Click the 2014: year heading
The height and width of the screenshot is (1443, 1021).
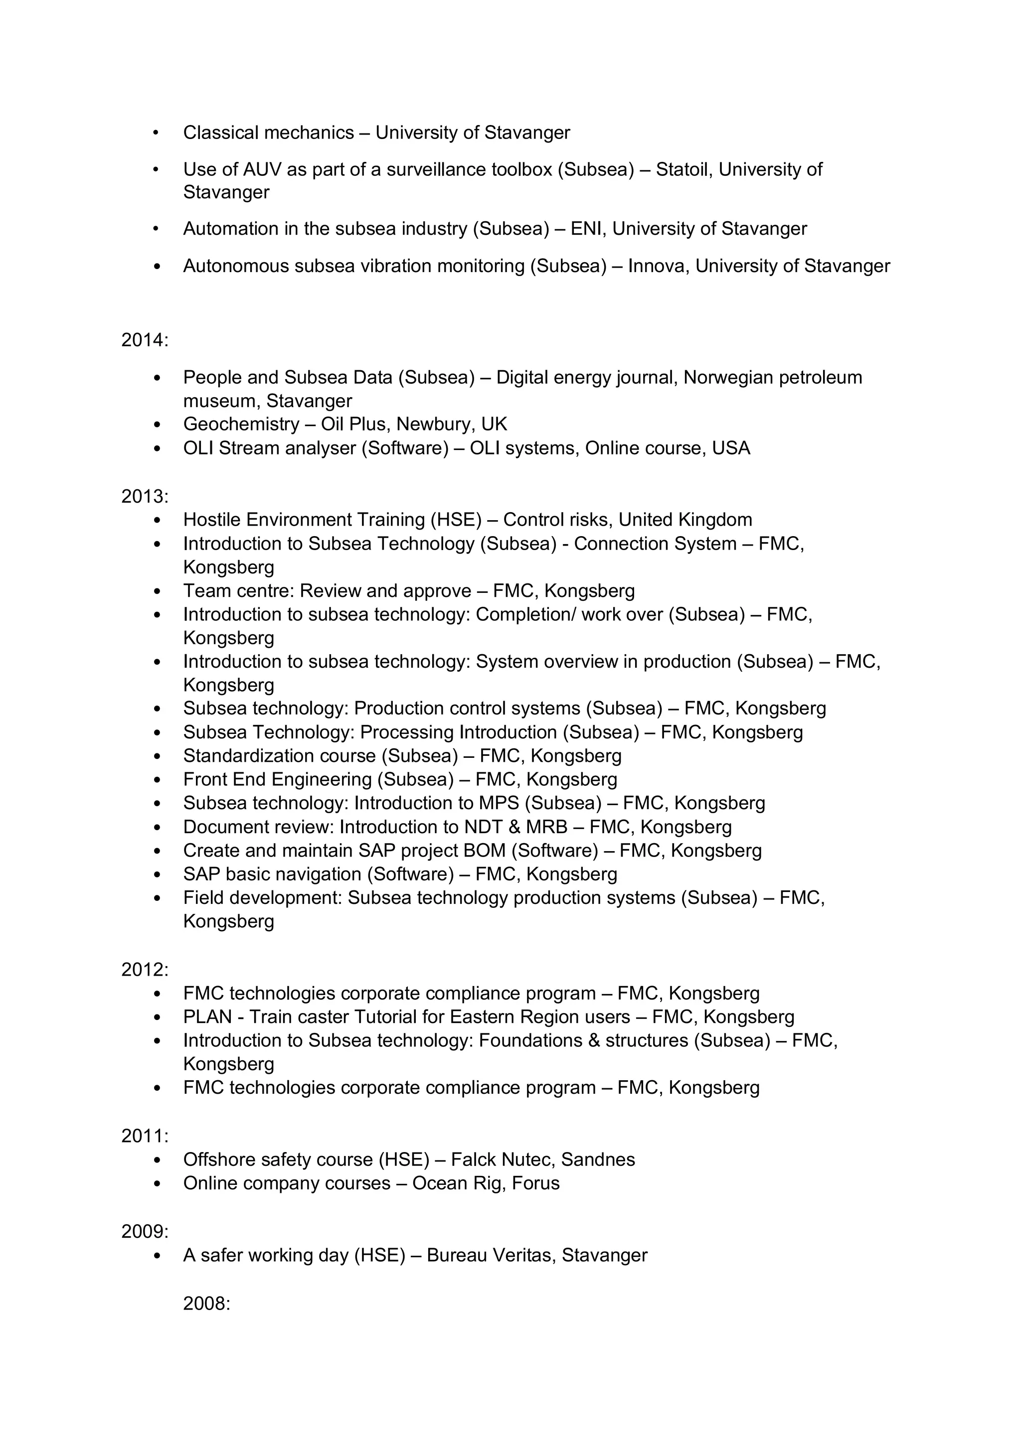[x=145, y=340]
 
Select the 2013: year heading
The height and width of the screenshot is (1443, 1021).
[x=145, y=496]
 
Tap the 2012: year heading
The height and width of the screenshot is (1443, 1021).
[x=145, y=970]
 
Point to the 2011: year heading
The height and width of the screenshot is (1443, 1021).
[x=145, y=1136]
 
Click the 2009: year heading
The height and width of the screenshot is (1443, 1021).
[x=145, y=1231]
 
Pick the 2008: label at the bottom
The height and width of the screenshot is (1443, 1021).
[x=207, y=1303]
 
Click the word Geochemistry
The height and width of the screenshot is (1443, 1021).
[x=241, y=424]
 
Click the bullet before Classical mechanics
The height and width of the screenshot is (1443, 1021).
[x=156, y=133]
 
